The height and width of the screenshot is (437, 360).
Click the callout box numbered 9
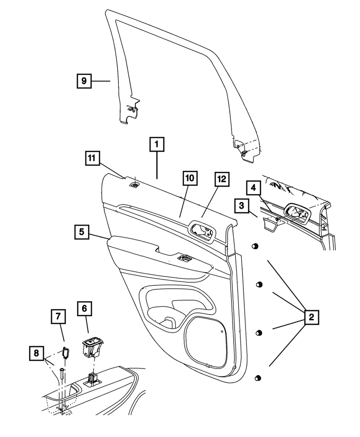(x=84, y=81)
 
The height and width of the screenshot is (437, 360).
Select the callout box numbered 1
(x=157, y=144)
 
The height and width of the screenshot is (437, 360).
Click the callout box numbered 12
(x=221, y=178)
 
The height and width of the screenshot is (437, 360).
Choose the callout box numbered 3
(x=241, y=205)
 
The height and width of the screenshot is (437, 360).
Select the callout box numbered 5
(x=81, y=232)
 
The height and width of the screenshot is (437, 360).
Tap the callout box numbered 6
(x=85, y=309)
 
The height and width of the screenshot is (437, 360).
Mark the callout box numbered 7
(x=58, y=316)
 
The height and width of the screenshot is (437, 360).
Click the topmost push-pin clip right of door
(x=253, y=248)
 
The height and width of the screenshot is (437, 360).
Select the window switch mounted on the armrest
(x=183, y=258)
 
